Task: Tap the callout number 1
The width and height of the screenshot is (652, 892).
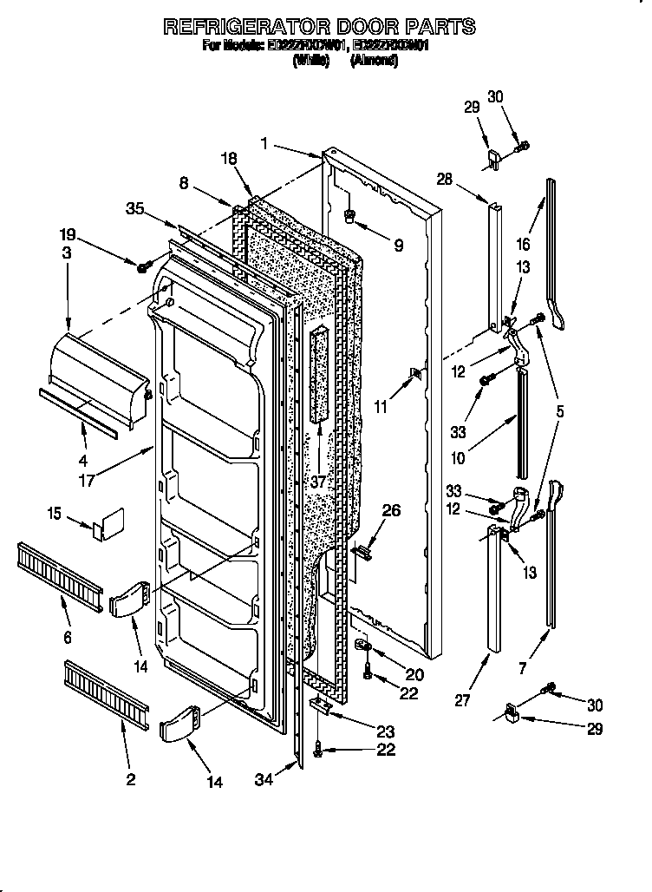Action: [263, 143]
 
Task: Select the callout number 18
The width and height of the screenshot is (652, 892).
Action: [228, 159]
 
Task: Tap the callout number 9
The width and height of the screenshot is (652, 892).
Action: [398, 246]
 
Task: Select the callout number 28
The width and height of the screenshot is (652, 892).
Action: [444, 179]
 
